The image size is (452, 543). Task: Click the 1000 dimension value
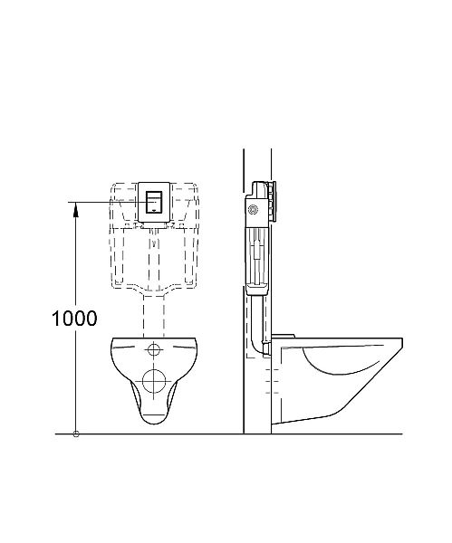[x=74, y=318]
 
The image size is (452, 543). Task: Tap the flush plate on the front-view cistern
[x=154, y=200]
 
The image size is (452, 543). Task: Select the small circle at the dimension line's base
[x=75, y=433]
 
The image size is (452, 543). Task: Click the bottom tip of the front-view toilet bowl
[x=154, y=423]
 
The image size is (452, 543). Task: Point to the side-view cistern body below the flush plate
[x=255, y=253]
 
